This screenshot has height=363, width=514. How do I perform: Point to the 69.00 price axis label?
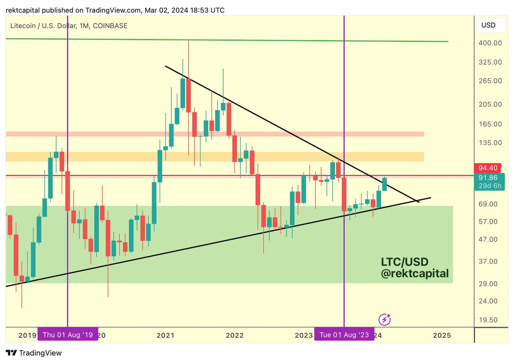(489, 204)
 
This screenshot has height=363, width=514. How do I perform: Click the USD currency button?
(488, 25)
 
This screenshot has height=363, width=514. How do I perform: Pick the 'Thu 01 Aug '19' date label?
(68, 335)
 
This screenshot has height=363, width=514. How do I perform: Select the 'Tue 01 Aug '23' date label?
(344, 335)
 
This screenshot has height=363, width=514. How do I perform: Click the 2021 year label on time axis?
(165, 335)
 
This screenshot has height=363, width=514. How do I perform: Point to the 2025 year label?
(442, 335)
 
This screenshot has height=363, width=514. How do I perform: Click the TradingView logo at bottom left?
(34, 353)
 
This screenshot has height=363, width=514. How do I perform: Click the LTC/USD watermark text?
(405, 261)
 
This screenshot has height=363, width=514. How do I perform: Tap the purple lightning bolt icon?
(384, 319)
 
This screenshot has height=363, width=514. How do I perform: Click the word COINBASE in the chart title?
(109, 26)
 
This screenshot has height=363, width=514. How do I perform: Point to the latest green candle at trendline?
(385, 184)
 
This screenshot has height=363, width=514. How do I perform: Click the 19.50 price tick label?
(489, 320)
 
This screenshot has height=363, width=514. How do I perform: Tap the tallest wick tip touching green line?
(188, 41)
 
